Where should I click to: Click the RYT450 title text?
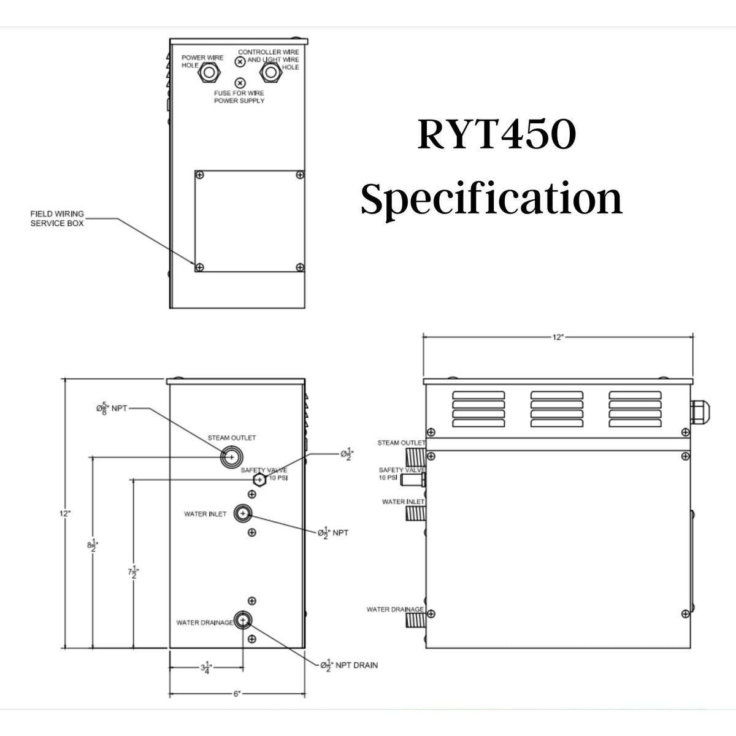pyautogui.click(x=497, y=136)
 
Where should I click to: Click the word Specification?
pyautogui.click(x=491, y=200)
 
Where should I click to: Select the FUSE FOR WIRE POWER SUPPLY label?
pyautogui.click(x=239, y=97)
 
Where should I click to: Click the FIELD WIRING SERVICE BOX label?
pyautogui.click(x=57, y=218)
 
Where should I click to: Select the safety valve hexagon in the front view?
pyautogui.click(x=260, y=480)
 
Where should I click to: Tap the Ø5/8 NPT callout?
pyautogui.click(x=111, y=408)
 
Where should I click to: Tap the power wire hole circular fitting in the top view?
pyautogui.click(x=209, y=74)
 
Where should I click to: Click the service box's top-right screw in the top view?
pyautogui.click(x=299, y=175)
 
